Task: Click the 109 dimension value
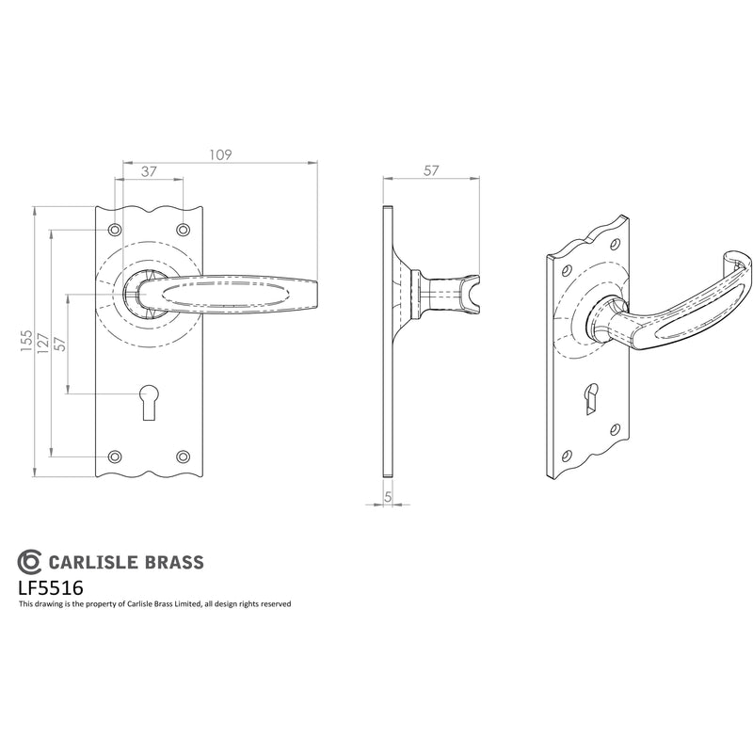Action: coord(220,154)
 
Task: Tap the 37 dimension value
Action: coord(149,171)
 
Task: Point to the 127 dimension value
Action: coord(42,344)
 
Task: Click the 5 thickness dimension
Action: coord(388,498)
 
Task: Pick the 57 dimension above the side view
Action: coord(431,170)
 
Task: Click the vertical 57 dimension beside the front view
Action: coord(59,344)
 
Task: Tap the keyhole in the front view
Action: coord(149,402)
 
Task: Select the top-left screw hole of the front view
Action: coord(114,230)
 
